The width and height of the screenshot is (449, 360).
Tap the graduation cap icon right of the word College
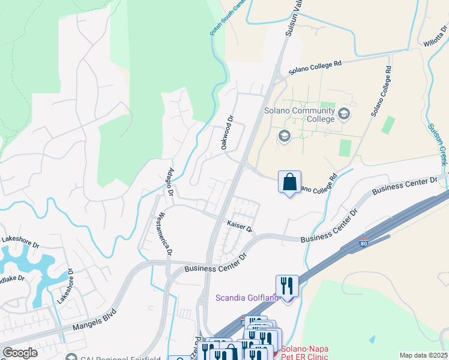344,113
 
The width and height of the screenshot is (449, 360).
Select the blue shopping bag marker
289,182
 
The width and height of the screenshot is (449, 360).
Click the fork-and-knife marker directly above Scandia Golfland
287,285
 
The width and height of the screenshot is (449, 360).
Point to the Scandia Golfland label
247,298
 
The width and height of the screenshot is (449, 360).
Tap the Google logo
20,353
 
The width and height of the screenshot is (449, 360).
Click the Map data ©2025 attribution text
424,355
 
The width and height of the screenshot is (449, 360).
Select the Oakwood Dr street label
226,133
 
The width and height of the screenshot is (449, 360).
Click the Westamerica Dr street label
164,234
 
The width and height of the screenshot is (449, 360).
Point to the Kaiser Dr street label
239,226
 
